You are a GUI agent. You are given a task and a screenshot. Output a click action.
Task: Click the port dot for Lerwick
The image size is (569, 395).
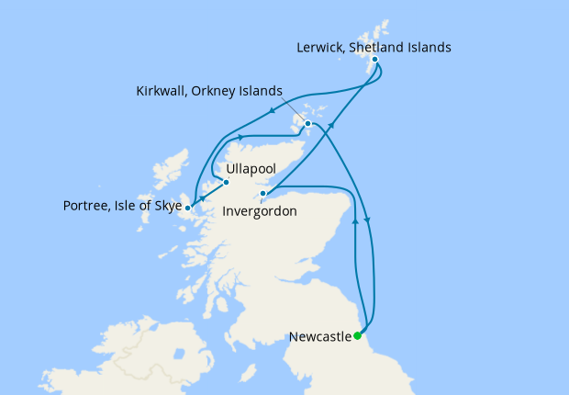click(374, 60)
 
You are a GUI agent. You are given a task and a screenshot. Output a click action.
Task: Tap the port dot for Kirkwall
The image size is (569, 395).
click(308, 124)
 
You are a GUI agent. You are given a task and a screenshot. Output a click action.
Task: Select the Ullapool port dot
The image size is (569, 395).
click(226, 182)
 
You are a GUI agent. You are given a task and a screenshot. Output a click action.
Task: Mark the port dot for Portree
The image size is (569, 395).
click(187, 208)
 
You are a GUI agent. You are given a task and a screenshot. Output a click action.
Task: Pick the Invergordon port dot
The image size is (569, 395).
click(263, 194)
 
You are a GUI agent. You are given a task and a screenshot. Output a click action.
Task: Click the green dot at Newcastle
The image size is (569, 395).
click(358, 336)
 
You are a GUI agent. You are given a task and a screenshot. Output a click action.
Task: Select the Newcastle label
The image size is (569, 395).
click(320, 337)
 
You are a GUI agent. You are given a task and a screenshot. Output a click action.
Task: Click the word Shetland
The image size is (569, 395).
click(374, 45)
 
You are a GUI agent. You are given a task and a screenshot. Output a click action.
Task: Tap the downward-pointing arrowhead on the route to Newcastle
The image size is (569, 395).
click(369, 219)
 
